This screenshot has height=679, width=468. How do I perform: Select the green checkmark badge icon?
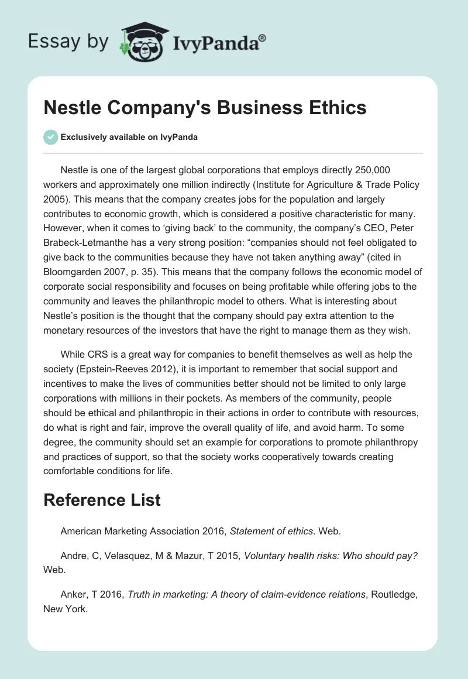click(x=50, y=137)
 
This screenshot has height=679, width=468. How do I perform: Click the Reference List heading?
click(x=102, y=500)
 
